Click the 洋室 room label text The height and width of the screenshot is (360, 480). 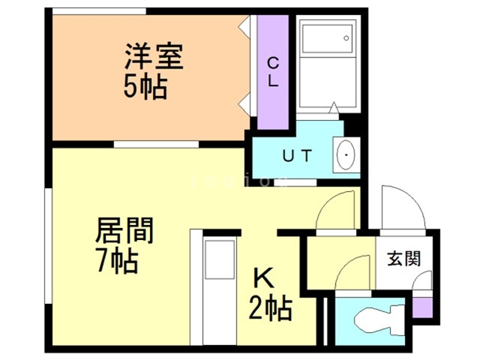coord(154,57)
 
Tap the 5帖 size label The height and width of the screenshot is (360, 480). coord(145,88)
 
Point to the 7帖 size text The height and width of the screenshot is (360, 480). coord(116,262)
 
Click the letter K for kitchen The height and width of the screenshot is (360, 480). coord(264,279)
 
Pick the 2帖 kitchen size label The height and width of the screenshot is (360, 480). coord(270,307)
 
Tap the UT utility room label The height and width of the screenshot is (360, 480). coord(296,157)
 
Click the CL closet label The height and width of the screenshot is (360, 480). coord(273,72)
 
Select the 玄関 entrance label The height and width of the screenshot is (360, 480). coord(403,260)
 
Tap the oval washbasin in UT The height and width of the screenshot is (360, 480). coord(347,156)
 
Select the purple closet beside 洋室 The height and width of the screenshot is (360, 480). coord(273,71)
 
